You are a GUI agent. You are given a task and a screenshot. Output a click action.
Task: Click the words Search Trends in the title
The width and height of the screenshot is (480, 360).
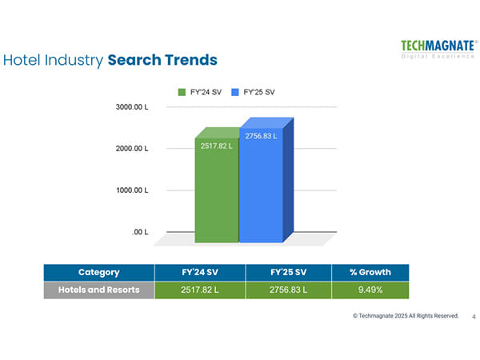(162, 60)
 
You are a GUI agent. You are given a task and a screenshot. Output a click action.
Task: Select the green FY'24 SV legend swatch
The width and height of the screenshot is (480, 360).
(182, 92)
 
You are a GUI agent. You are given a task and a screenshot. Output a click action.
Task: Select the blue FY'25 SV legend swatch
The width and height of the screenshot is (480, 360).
(235, 92)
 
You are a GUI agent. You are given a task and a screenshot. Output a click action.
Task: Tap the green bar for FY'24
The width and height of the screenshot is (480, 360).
(216, 192)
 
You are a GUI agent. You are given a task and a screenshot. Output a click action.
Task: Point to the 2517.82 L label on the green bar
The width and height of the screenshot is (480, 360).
(216, 146)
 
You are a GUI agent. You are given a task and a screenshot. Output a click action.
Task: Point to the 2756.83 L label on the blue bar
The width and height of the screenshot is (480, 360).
(261, 137)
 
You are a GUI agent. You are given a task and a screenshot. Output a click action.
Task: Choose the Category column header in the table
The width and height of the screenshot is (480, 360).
(98, 272)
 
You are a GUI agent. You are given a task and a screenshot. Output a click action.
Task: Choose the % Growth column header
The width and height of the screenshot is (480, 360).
(370, 272)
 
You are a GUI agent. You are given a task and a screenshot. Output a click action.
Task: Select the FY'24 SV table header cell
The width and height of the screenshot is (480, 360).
(199, 272)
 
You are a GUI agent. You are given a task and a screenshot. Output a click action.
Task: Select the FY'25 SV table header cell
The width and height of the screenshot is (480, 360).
(289, 272)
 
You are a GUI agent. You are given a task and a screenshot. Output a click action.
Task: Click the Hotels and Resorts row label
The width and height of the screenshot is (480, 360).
(98, 290)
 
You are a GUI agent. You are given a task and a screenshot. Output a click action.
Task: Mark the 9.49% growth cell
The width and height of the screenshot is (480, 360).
(370, 290)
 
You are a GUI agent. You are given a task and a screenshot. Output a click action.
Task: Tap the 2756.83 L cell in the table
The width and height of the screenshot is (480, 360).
(289, 290)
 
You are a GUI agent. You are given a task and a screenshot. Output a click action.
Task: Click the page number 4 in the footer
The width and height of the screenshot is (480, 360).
(474, 316)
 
